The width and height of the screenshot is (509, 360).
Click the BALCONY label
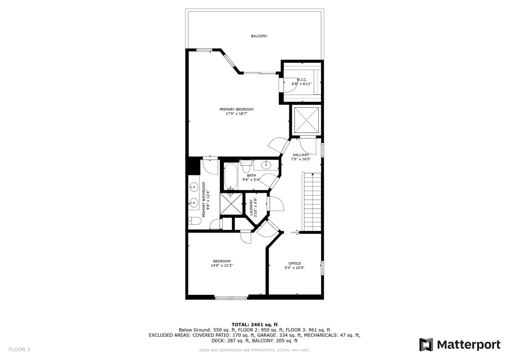(x=259, y=36)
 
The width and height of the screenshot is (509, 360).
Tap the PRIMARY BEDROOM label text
(x=236, y=109)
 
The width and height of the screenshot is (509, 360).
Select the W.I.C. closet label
(x=301, y=80)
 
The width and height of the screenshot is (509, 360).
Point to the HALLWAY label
(x=300, y=155)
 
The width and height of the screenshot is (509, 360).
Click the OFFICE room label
(x=294, y=263)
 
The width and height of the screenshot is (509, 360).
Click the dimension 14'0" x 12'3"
(x=222, y=265)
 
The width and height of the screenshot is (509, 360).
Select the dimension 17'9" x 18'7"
(x=236, y=114)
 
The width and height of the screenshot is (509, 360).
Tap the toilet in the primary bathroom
(x=194, y=221)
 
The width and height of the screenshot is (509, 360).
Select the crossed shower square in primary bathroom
(x=231, y=204)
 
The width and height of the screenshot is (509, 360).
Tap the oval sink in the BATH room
(x=266, y=165)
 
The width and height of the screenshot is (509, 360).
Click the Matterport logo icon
(x=425, y=345)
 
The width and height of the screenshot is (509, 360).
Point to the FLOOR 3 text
(x=19, y=349)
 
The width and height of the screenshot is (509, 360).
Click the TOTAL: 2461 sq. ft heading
(x=254, y=324)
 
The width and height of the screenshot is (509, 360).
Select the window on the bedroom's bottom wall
(x=231, y=298)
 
